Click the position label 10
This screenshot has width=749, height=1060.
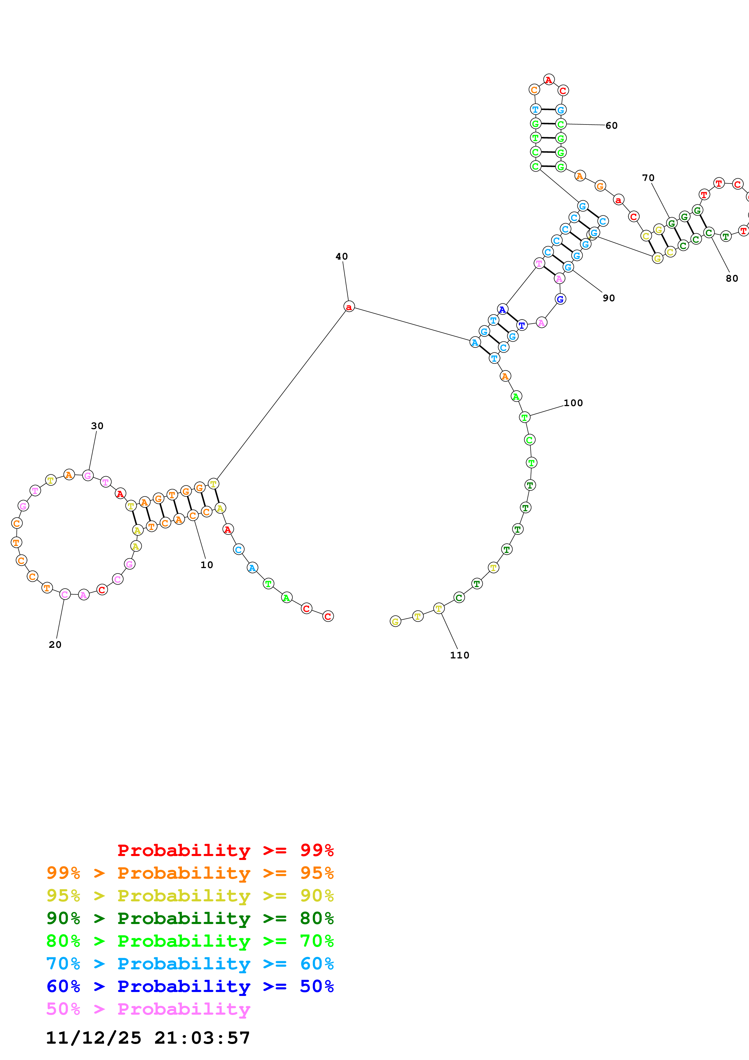pyautogui.click(x=207, y=565)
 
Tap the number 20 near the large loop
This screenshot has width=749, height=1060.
pyautogui.click(x=55, y=645)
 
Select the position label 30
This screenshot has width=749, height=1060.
pyautogui.click(x=97, y=426)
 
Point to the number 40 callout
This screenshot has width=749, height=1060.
pyautogui.click(x=341, y=256)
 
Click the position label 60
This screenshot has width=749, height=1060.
pyautogui.click(x=612, y=126)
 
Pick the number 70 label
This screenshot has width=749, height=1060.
pyautogui.click(x=648, y=178)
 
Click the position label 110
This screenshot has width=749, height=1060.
pyautogui.click(x=460, y=655)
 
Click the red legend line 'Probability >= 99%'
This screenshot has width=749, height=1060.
pyautogui.click(x=225, y=850)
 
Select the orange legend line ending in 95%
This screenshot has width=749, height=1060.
pyautogui.click(x=190, y=873)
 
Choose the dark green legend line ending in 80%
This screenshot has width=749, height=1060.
pyautogui.click(x=190, y=918)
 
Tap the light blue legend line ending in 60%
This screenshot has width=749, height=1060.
pyautogui.click(x=190, y=964)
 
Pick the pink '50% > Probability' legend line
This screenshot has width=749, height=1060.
pyautogui.click(x=148, y=1009)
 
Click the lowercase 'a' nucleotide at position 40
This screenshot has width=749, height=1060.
pyautogui.click(x=349, y=307)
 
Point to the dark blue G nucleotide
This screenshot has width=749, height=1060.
pyautogui.click(x=560, y=299)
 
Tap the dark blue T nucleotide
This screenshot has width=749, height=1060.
pyautogui.click(x=521, y=325)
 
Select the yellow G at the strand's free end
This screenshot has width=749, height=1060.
pyautogui.click(x=395, y=622)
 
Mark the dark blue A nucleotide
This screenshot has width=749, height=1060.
pyautogui.click(x=502, y=309)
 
